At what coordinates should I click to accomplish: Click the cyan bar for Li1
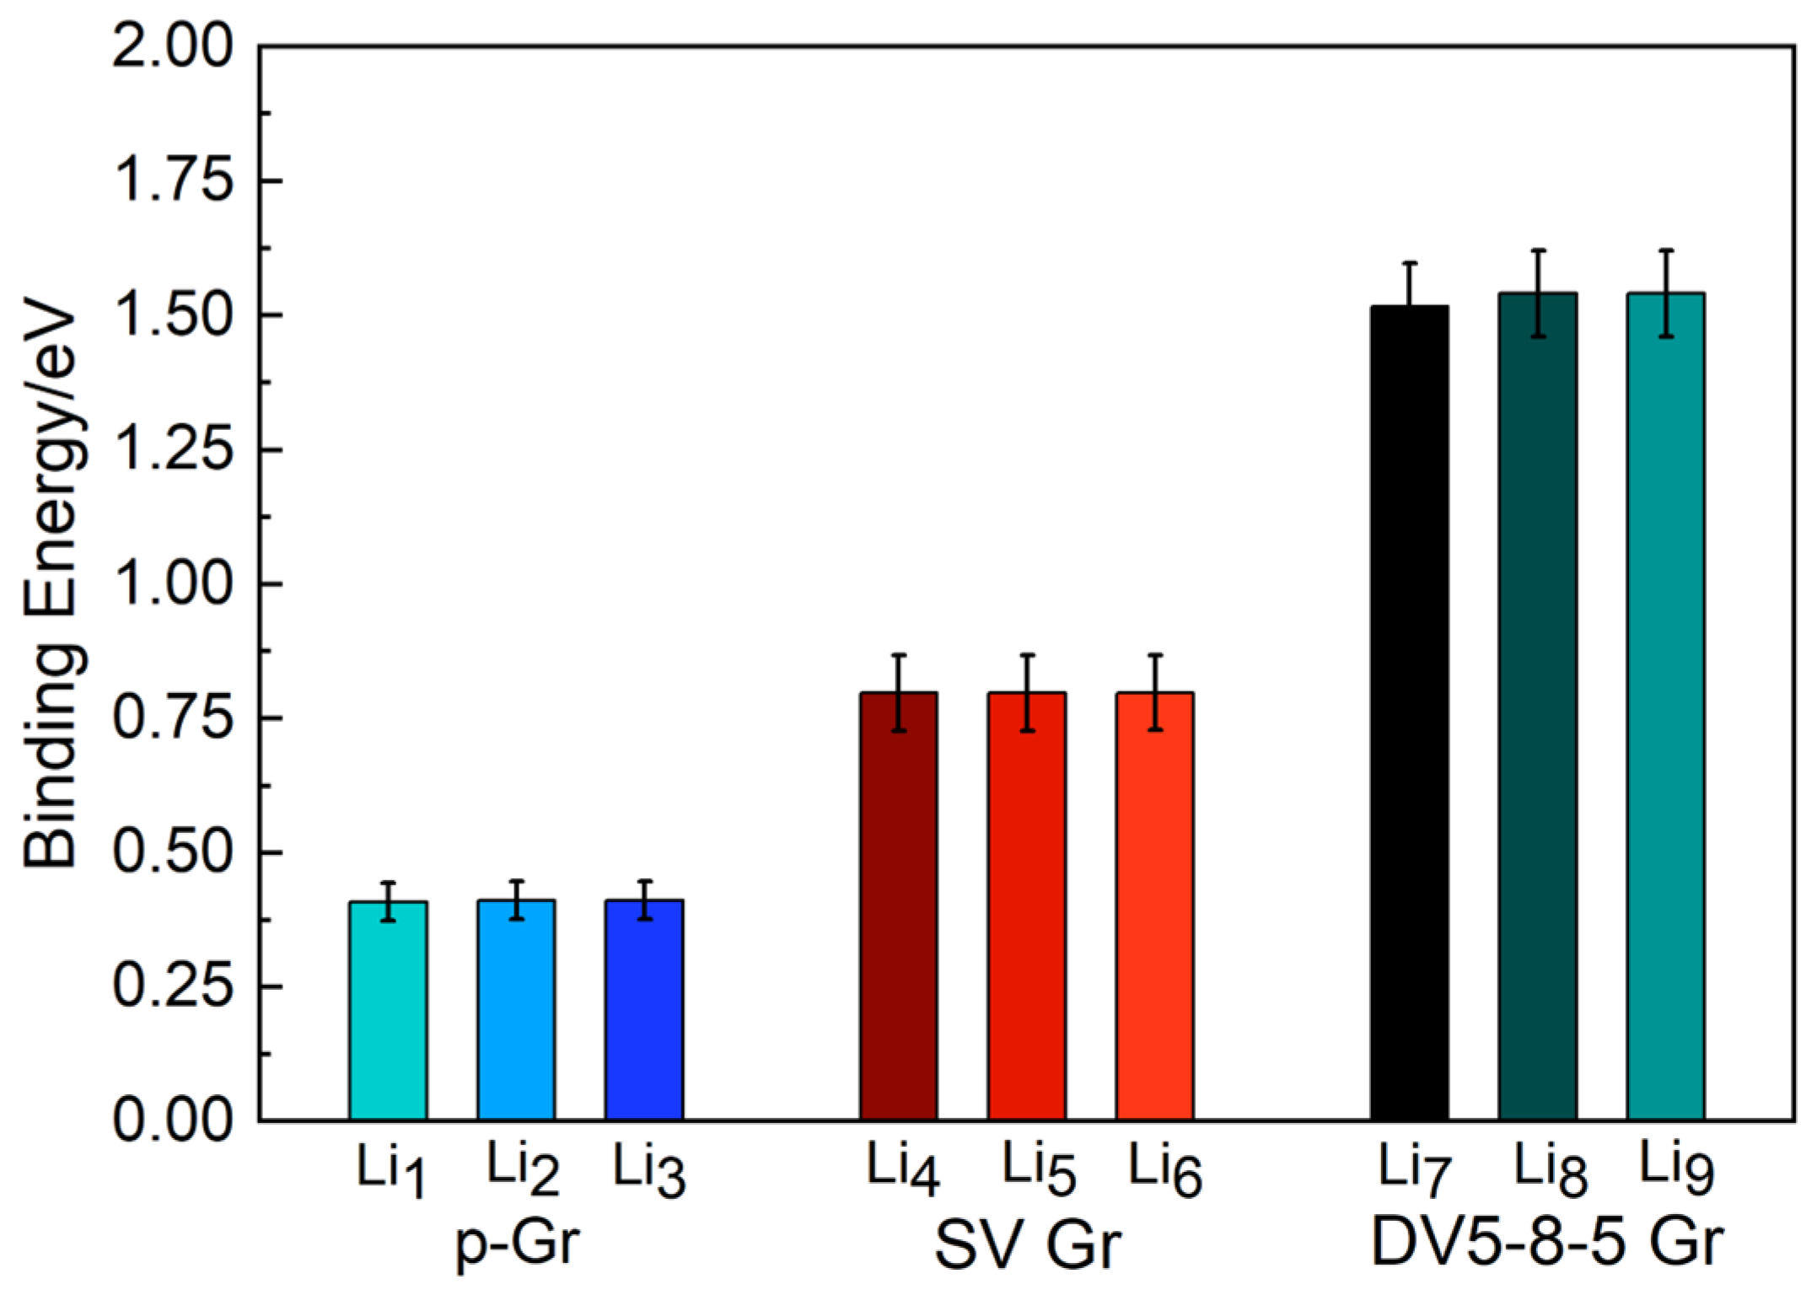tap(388, 1012)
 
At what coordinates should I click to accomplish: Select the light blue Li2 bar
tap(516, 1012)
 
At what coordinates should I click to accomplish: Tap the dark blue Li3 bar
tap(644, 1012)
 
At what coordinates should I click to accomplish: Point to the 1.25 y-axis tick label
tap(173, 449)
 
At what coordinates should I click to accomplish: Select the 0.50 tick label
tap(173, 852)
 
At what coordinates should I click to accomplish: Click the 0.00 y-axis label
tap(173, 1120)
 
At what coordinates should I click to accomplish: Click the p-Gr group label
tap(519, 1243)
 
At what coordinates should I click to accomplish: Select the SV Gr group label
tap(1029, 1244)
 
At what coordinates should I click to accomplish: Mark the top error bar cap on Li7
tap(1410, 263)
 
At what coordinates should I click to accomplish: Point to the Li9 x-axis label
tap(1676, 1168)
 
